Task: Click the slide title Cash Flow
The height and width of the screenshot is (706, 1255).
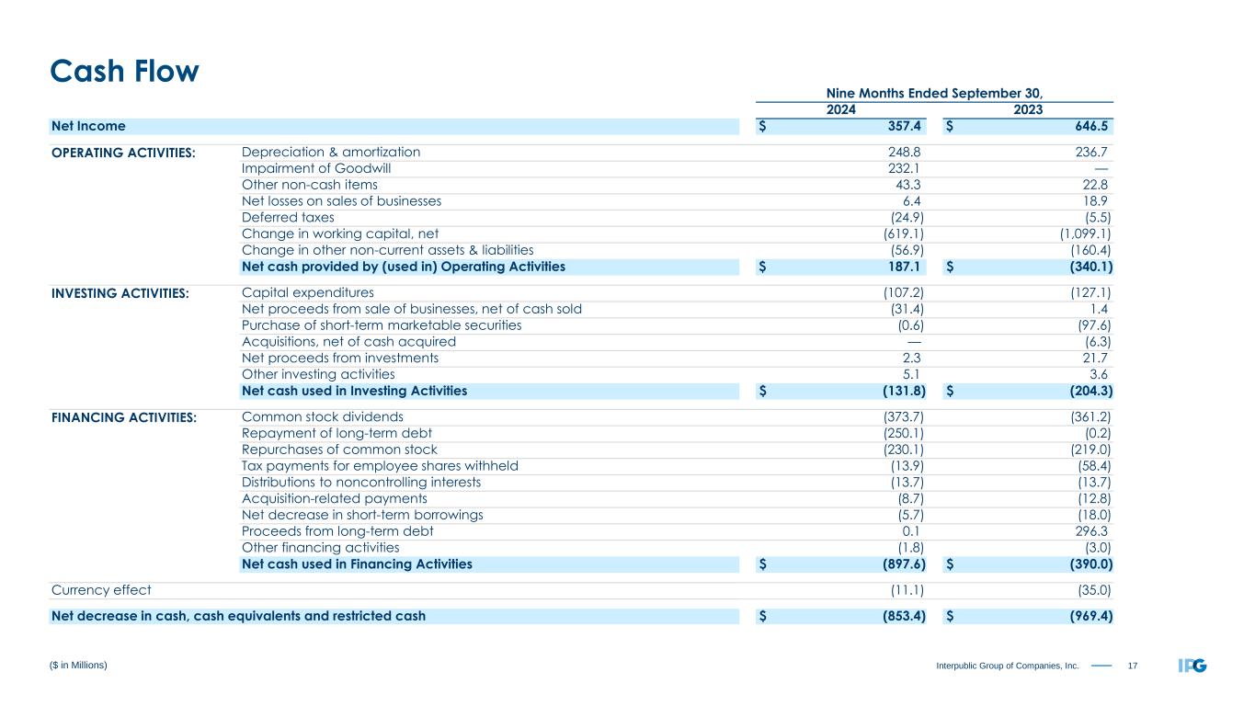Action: [124, 71]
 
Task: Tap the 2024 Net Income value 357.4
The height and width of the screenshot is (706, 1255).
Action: [902, 126]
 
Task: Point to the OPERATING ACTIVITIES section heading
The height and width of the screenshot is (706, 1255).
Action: [123, 153]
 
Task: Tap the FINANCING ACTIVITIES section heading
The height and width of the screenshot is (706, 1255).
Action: [124, 417]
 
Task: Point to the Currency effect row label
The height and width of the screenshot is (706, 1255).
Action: [101, 590]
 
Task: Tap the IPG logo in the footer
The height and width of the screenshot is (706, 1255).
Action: [1192, 665]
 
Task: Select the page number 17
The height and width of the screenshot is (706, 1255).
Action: [1131, 665]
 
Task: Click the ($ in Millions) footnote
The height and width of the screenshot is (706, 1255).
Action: [79, 665]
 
